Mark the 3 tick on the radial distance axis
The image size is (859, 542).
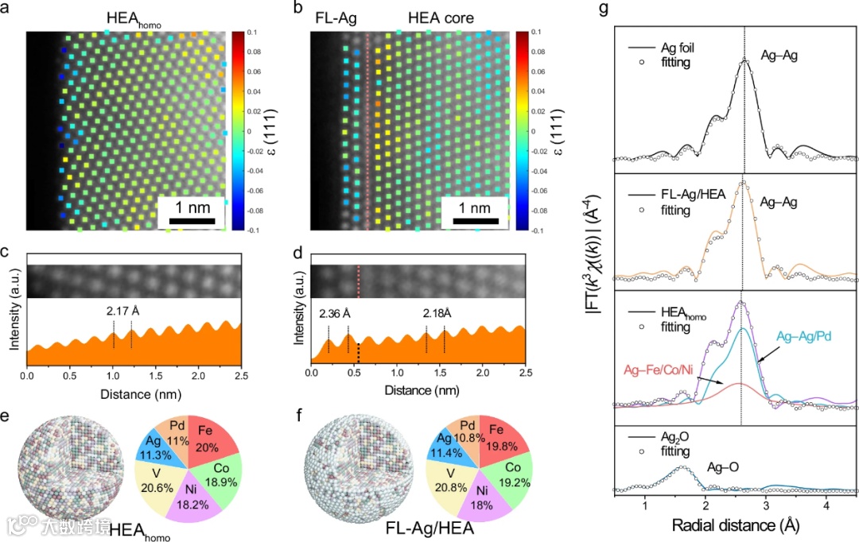(x=765, y=505)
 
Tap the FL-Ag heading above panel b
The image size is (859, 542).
(x=334, y=16)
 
